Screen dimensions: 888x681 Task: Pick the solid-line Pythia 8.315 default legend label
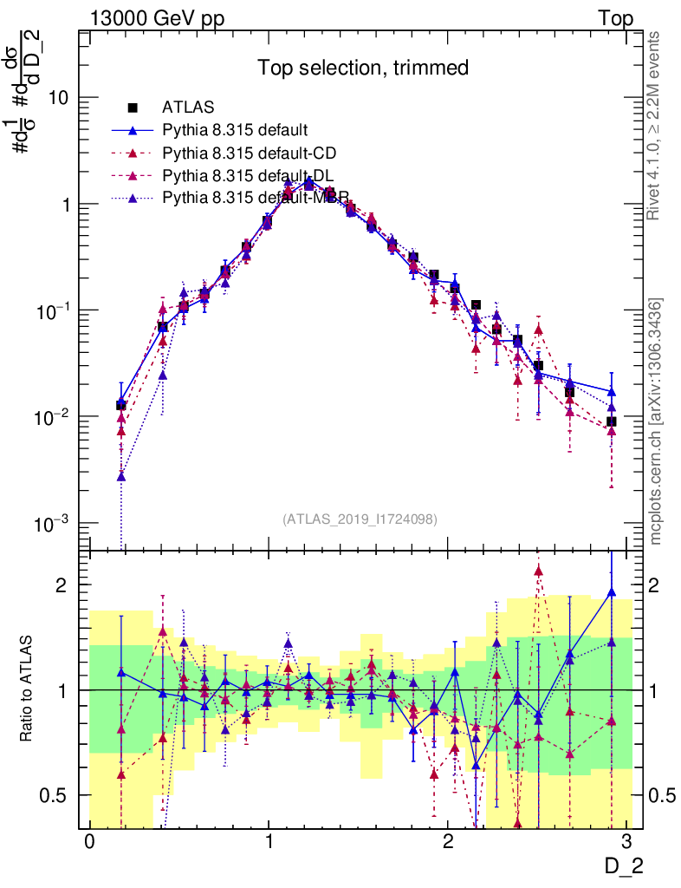click(235, 131)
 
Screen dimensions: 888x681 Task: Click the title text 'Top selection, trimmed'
click(362, 68)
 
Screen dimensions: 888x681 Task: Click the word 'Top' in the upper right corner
click(615, 19)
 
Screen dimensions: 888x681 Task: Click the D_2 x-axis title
click(623, 866)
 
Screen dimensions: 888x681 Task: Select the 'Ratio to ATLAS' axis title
click(29, 689)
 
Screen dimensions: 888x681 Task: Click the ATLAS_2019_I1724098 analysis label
click(360, 519)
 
